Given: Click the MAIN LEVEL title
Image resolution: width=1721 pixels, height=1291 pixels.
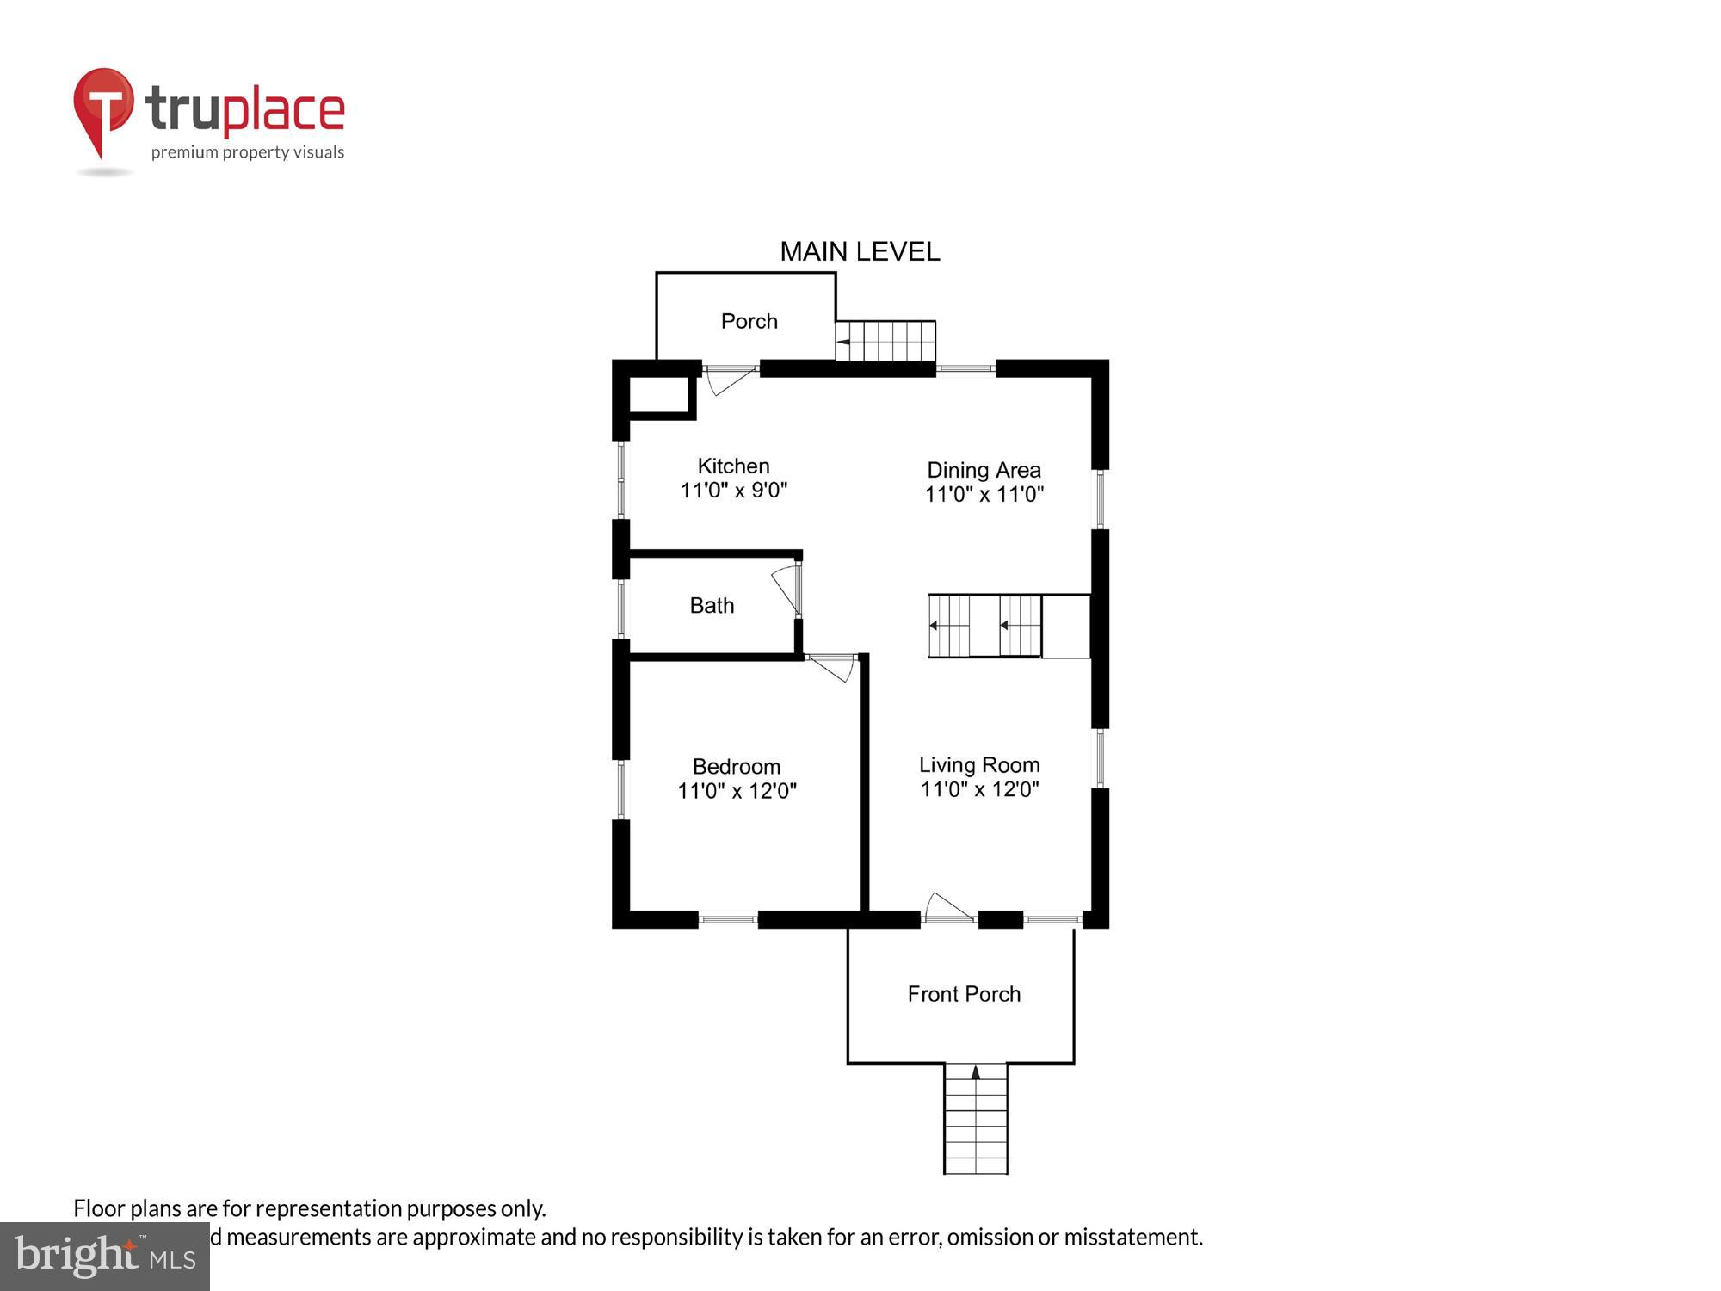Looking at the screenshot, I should click(x=859, y=251).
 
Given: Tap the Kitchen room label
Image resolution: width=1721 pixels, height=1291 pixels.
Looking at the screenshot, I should click(x=733, y=466).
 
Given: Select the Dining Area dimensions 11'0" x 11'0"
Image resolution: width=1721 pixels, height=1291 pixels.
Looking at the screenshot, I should click(x=984, y=494).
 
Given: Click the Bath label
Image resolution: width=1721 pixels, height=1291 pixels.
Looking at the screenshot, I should click(x=712, y=605).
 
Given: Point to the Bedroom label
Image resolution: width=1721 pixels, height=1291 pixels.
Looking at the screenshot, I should click(x=737, y=766).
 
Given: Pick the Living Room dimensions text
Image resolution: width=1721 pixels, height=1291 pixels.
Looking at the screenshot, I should click(x=979, y=789).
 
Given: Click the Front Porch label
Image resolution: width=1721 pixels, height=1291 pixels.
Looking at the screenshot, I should click(x=964, y=994).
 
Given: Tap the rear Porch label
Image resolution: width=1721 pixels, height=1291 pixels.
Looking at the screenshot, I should click(x=749, y=321).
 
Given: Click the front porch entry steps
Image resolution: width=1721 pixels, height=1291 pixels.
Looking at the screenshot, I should click(x=975, y=1119).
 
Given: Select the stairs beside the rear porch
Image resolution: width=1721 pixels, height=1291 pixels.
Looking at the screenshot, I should click(x=885, y=341).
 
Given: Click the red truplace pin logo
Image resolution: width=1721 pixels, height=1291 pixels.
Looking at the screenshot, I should click(x=103, y=108).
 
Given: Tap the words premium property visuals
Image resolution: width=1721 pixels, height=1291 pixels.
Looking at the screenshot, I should click(x=248, y=152).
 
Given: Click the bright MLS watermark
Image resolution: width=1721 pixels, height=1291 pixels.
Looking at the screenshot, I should click(x=105, y=1257).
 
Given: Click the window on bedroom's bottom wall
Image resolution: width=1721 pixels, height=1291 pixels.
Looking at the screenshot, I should click(x=728, y=919).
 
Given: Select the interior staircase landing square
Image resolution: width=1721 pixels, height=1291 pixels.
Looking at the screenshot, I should click(x=1065, y=627).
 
